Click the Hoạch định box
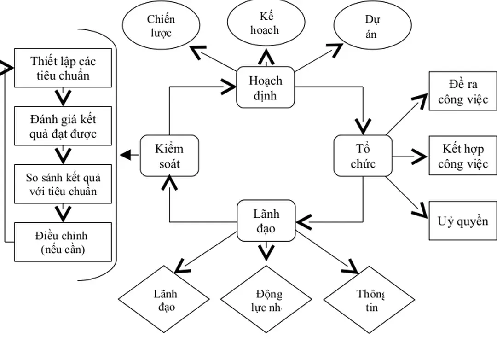266,87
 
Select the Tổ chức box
363,156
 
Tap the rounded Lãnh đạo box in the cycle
266,221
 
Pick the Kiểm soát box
169,156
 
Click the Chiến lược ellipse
161,26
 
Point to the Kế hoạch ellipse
266,23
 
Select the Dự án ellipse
371,26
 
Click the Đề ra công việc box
462,91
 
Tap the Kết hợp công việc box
462,156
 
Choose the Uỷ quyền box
462,221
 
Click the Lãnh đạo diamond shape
165,300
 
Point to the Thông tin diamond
369,300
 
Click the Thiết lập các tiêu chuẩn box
63,68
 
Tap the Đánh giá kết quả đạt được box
63,126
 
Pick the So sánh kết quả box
63,184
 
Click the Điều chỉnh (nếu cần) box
63,242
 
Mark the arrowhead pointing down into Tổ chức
363,125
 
